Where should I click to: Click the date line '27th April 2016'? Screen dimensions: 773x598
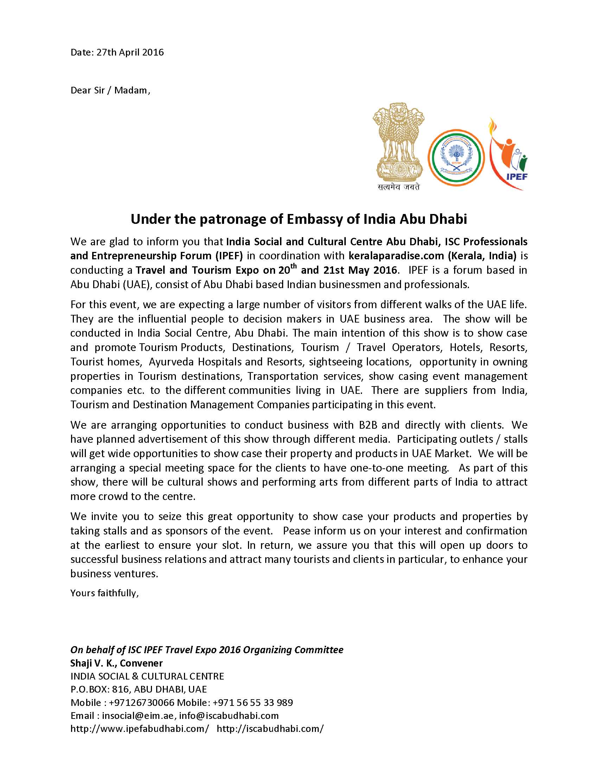coord(117,52)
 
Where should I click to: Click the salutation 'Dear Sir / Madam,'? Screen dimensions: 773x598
coord(110,90)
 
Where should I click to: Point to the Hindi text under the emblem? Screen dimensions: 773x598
coord(399,187)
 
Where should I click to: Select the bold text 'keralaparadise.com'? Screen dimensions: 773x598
coord(396,255)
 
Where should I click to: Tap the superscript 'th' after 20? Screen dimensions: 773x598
coord(294,267)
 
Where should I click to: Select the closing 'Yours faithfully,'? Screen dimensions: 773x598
coord(104,593)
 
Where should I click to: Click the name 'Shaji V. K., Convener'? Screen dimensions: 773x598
coord(116,663)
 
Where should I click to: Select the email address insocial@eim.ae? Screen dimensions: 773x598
coord(138,715)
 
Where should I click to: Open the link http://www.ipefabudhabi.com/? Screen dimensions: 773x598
coord(140,728)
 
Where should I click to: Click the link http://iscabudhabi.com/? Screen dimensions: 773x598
coord(270,728)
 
